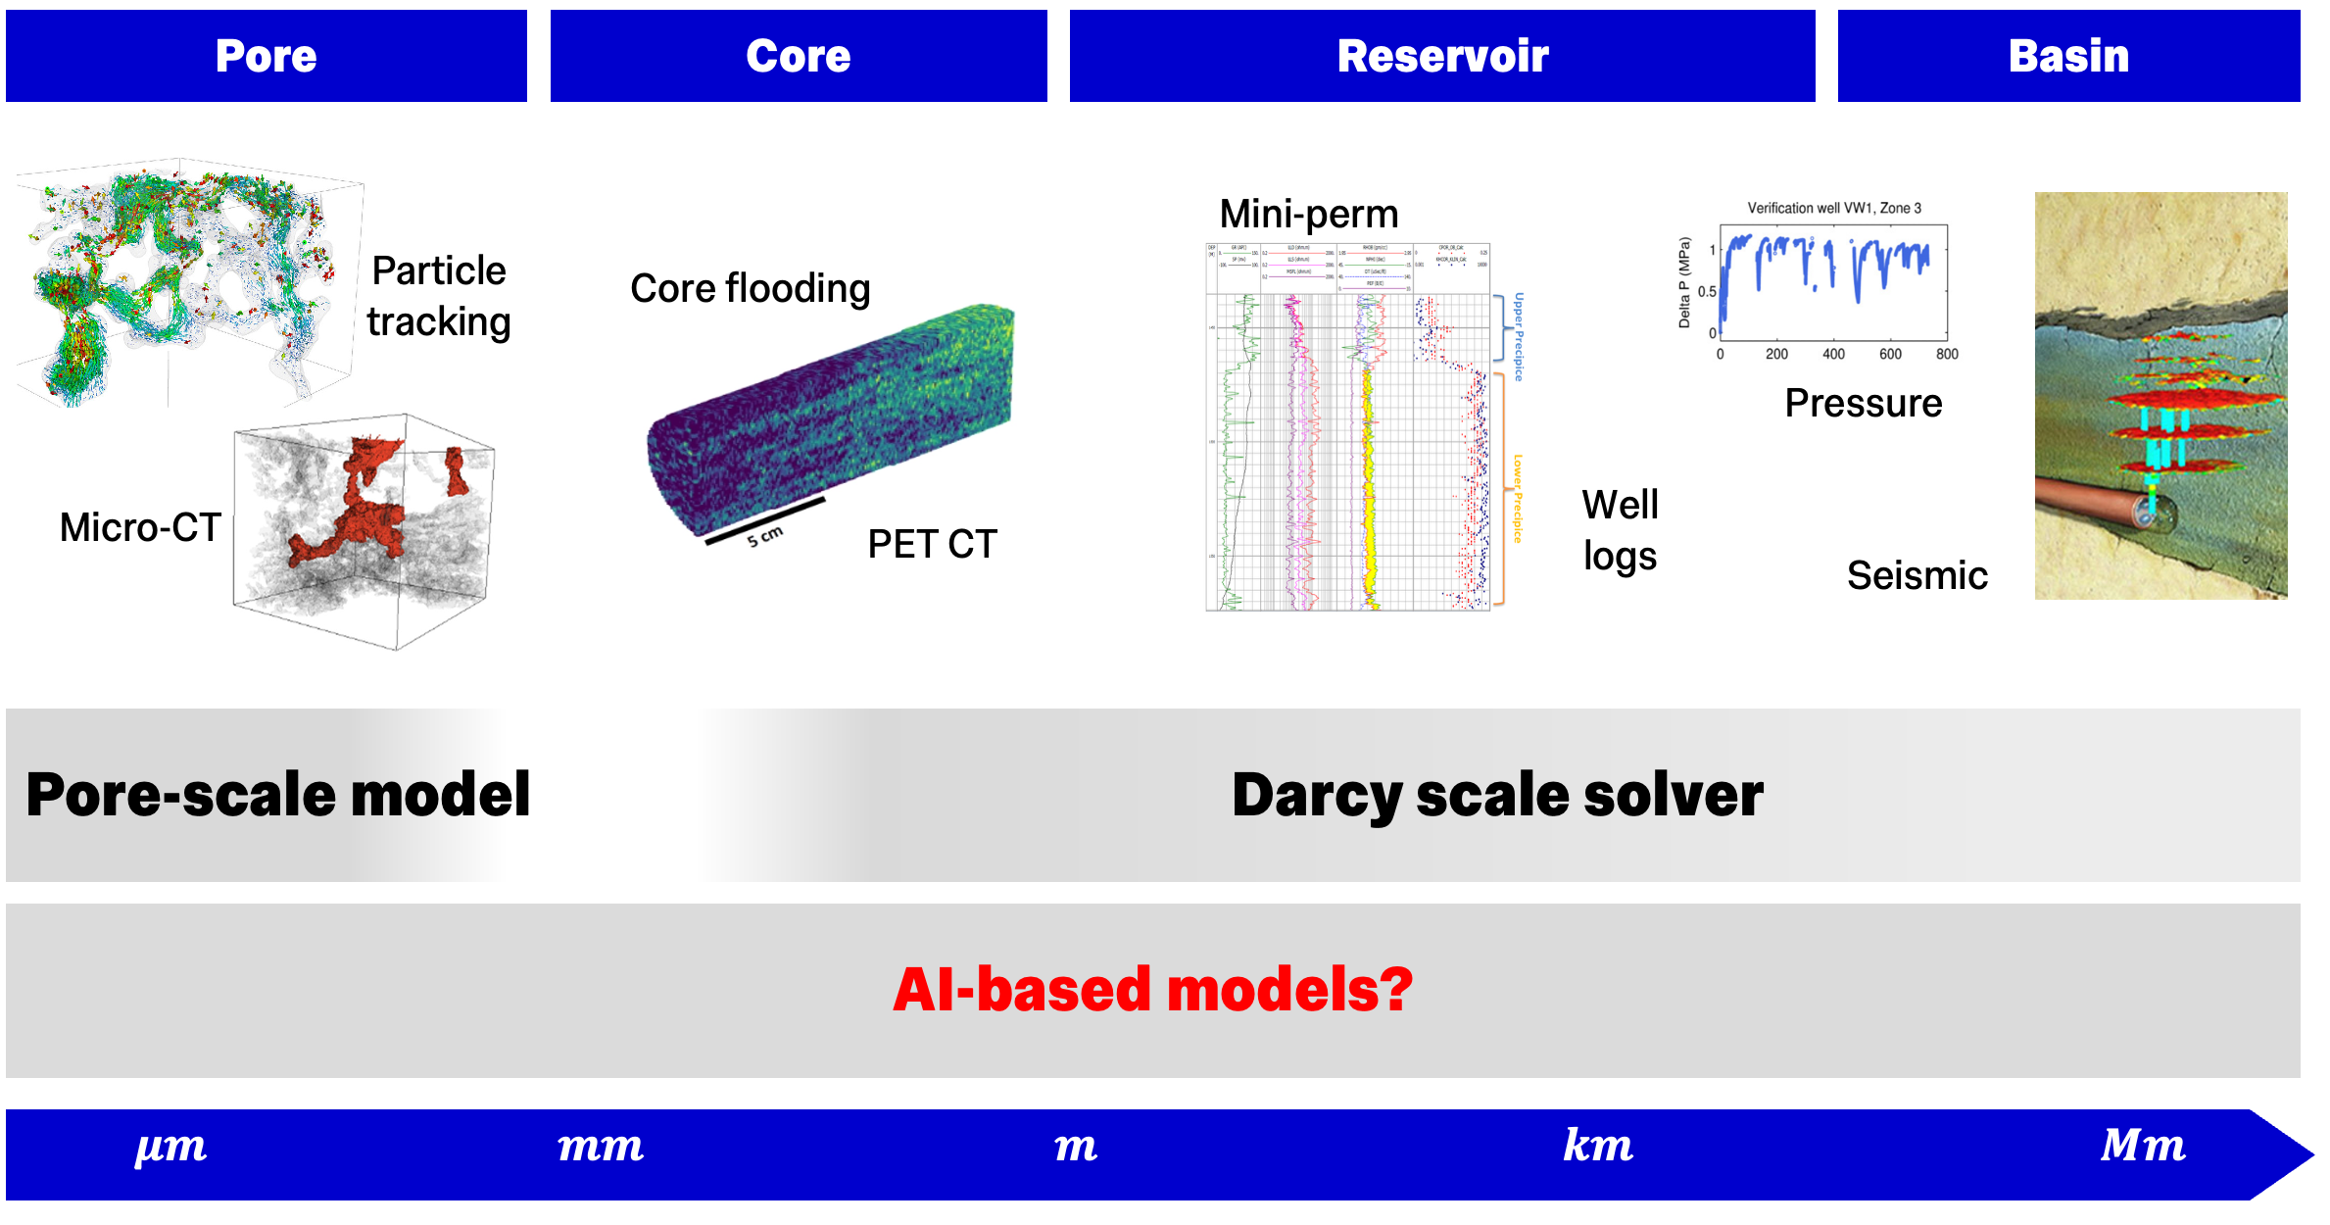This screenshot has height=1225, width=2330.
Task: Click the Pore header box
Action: [266, 56]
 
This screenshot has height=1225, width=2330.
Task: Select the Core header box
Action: [798, 56]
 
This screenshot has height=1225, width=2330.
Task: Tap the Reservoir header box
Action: [1441, 56]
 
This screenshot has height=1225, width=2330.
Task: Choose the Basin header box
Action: [2067, 56]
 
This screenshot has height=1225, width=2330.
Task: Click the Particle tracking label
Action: [438, 296]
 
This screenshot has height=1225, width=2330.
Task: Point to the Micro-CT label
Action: [140, 527]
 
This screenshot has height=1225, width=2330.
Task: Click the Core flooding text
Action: [750, 288]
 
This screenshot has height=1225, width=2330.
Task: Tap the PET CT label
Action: [932, 544]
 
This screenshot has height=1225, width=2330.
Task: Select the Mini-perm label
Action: [1308, 214]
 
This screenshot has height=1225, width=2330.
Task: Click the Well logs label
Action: [1620, 530]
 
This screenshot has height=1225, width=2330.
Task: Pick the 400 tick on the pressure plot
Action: [1833, 355]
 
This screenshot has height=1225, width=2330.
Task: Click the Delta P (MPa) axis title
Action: [1684, 282]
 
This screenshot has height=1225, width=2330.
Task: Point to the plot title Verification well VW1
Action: [1833, 208]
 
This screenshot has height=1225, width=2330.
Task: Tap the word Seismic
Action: [1917, 575]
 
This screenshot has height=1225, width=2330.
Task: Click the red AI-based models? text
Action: [1152, 990]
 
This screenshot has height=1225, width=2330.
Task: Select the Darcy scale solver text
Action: [1496, 795]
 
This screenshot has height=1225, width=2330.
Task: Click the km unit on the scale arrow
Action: [1597, 1145]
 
